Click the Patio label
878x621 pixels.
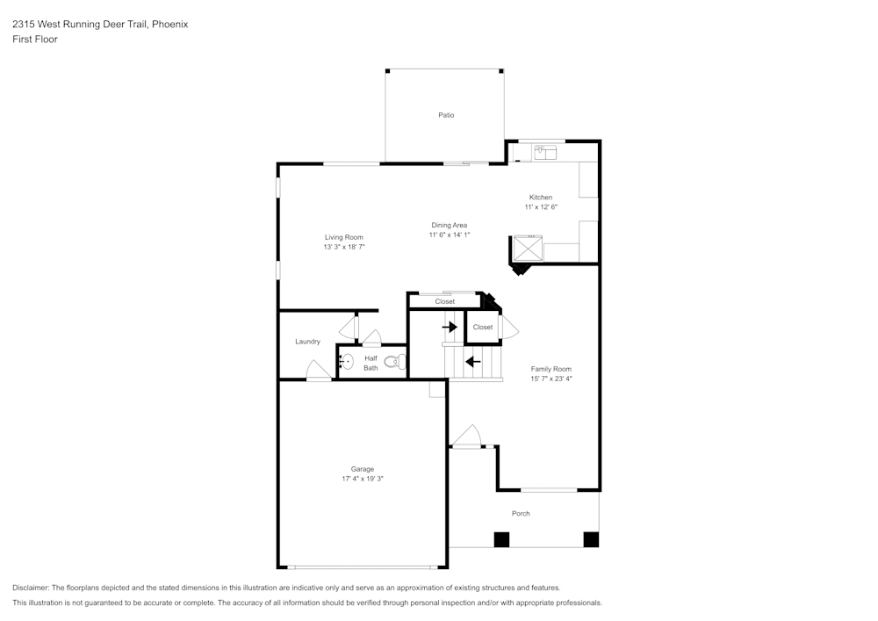click(446, 115)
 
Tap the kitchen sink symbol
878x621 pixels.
click(546, 154)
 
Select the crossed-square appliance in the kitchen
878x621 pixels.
click(528, 249)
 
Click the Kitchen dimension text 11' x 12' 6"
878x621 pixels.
click(541, 207)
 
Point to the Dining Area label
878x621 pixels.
click(449, 226)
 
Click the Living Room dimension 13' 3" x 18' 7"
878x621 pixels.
click(343, 248)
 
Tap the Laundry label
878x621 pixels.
click(307, 342)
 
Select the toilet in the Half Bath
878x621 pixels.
click(396, 361)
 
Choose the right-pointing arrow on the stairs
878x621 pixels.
click(450, 327)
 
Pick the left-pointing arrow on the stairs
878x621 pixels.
click(472, 361)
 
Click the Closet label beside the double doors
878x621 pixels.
click(482, 328)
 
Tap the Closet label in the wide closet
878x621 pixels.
click(445, 302)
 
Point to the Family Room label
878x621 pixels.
click(551, 369)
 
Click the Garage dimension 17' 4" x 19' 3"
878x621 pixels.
click(363, 479)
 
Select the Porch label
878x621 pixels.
click(521, 514)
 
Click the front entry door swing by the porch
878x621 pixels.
click(466, 437)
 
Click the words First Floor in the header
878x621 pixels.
click(34, 40)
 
